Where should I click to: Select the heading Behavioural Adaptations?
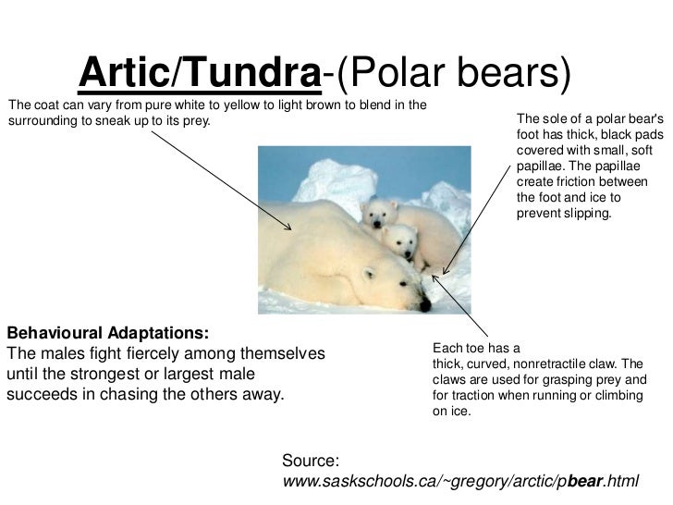point(107,332)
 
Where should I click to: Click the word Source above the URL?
point(312,460)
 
